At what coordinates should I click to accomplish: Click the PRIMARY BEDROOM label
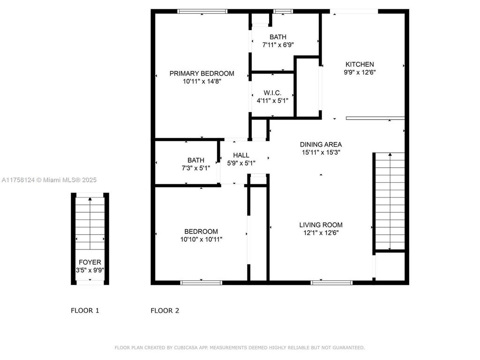[202, 74]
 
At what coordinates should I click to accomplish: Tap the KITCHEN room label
[360, 65]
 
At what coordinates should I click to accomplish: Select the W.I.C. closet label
[272, 93]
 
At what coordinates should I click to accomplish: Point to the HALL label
[241, 156]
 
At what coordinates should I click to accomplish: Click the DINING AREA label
[321, 144]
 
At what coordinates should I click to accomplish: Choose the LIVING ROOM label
[321, 225]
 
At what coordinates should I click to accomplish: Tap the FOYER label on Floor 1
[90, 262]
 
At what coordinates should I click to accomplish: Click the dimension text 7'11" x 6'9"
[277, 45]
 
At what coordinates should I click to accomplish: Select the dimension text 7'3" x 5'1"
[195, 168]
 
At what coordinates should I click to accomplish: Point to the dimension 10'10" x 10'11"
[201, 239]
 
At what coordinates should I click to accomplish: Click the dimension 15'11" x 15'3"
[321, 152]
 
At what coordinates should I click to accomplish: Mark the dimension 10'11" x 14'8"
[202, 81]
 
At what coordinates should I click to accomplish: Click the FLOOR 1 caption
[85, 310]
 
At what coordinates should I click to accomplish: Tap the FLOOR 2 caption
[165, 310]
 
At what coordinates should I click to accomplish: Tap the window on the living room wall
[331, 282]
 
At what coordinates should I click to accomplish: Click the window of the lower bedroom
[201, 282]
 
